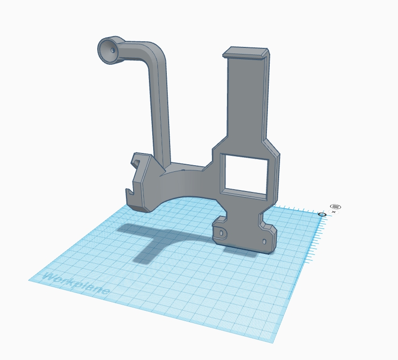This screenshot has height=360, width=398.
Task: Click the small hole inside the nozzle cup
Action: (112, 49)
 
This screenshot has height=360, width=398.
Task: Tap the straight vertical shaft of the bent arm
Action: (160, 113)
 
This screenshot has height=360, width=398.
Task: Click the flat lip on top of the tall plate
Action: (246, 52)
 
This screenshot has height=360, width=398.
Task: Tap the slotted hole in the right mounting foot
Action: (264, 241)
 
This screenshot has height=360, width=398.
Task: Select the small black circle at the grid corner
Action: (322, 214)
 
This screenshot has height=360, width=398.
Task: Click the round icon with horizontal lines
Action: (335, 207)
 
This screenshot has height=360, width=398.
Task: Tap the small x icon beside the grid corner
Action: (334, 212)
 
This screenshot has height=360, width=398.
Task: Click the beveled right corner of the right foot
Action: (272, 230)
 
